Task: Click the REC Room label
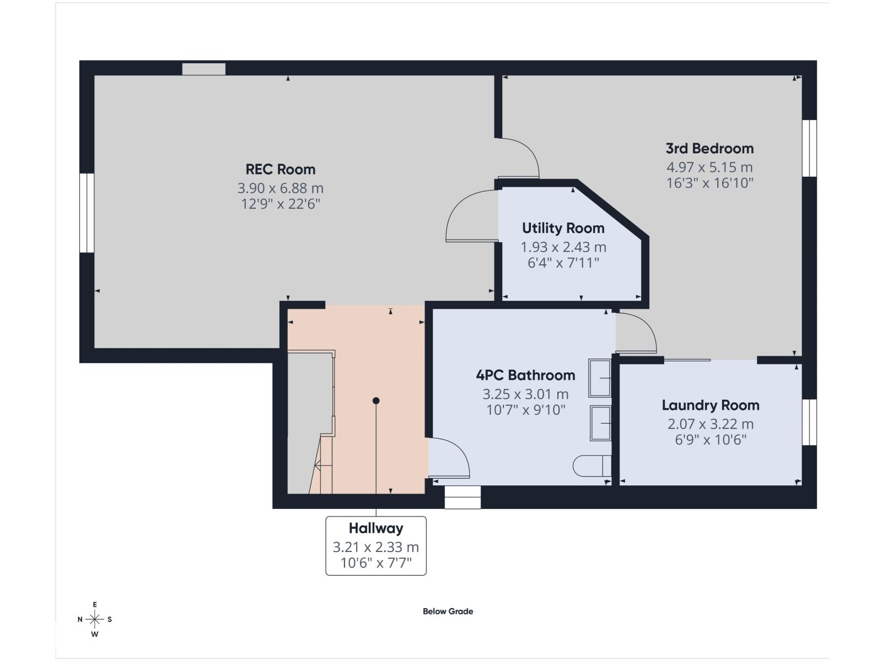(280, 169)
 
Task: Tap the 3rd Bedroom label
(709, 148)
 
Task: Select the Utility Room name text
(563, 228)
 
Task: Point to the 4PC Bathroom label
(525, 375)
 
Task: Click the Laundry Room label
(710, 405)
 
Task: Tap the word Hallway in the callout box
(375, 528)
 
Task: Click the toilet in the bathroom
(591, 466)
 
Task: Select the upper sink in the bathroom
(599, 378)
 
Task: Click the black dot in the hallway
(376, 400)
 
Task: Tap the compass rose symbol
(95, 620)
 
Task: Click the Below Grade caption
(448, 611)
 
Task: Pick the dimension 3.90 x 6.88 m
(280, 188)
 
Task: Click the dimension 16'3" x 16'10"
(709, 183)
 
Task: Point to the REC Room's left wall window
(87, 213)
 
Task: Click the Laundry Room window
(809, 422)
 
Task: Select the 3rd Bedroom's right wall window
(809, 148)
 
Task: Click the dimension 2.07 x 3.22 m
(710, 424)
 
